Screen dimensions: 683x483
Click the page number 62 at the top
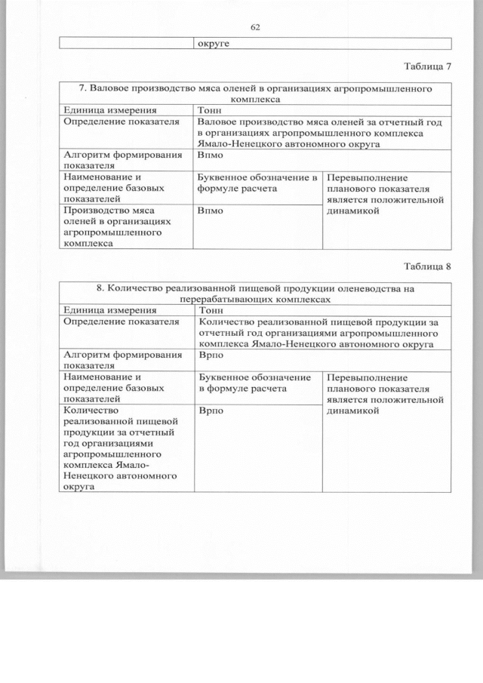[x=254, y=28]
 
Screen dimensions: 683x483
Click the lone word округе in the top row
[x=214, y=43]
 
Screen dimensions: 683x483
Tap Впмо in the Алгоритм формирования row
[x=211, y=154]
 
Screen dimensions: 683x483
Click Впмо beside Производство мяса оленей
[x=211, y=211]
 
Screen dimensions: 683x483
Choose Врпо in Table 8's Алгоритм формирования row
[x=211, y=354]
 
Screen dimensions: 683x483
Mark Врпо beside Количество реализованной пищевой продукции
[x=211, y=411]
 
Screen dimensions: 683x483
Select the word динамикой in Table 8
[x=352, y=411]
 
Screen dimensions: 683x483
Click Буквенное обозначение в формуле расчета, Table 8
[x=254, y=383]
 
